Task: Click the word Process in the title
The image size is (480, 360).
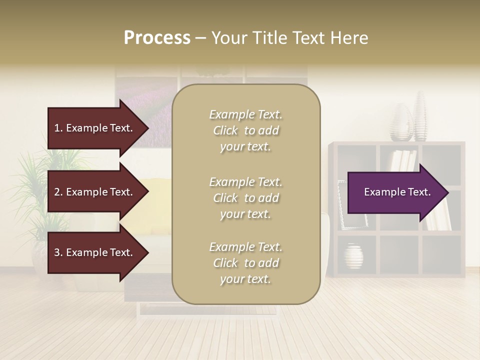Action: click(x=157, y=38)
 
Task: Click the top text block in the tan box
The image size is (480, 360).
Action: click(x=245, y=130)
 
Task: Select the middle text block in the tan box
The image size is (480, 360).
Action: click(x=245, y=198)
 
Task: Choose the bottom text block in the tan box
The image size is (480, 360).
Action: click(x=245, y=263)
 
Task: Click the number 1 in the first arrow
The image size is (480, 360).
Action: click(x=57, y=128)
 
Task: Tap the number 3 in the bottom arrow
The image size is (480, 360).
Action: click(x=57, y=252)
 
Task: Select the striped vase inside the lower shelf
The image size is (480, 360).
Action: click(x=353, y=256)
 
